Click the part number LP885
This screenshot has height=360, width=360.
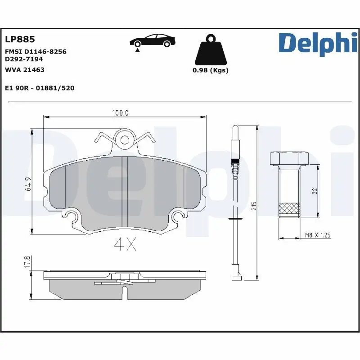tap(20, 40)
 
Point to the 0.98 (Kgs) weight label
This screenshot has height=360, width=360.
tap(210, 70)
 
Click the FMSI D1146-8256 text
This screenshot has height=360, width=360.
tap(36, 52)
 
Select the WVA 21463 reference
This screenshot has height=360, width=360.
tap(24, 70)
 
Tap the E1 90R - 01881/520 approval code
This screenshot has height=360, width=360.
tap(39, 88)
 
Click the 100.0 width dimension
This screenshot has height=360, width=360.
tap(120, 113)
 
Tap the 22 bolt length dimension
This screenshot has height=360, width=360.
tap(315, 191)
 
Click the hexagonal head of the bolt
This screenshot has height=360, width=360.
tap(289, 159)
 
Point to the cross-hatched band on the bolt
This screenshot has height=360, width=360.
tap(289, 209)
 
